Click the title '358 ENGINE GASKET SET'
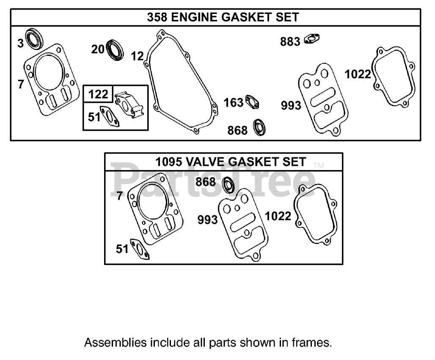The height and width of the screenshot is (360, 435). click(223, 17)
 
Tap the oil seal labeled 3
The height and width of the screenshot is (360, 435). click(33, 39)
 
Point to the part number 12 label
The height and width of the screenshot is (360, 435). click(138, 56)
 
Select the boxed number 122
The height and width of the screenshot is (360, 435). click(99, 93)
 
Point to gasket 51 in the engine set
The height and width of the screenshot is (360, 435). click(108, 117)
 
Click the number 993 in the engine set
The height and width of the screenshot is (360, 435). click(291, 105)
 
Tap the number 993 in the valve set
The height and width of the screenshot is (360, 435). click(207, 220)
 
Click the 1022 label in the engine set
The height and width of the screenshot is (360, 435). click(358, 74)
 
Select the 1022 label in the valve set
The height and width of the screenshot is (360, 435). click(278, 216)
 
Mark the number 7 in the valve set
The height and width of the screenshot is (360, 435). click(119, 196)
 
